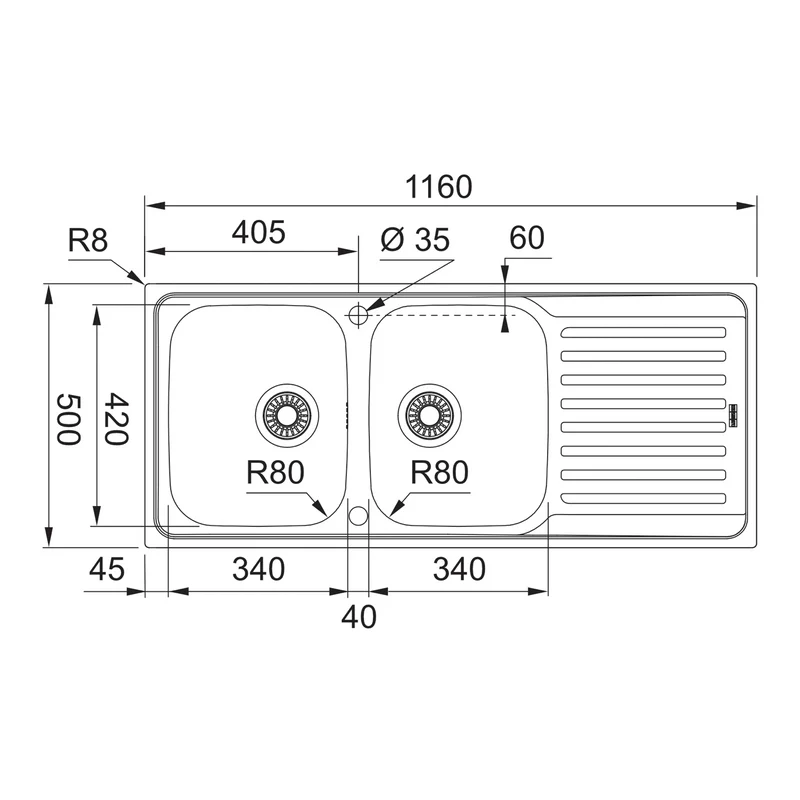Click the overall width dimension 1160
[439, 187]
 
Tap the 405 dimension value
[259, 233]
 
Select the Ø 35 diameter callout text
[415, 239]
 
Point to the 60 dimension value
[527, 238]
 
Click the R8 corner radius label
[88, 240]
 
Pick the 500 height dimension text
[68, 419]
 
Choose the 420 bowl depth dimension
[116, 419]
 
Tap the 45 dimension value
[107, 569]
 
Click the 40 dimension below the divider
[359, 616]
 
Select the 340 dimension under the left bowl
[259, 569]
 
